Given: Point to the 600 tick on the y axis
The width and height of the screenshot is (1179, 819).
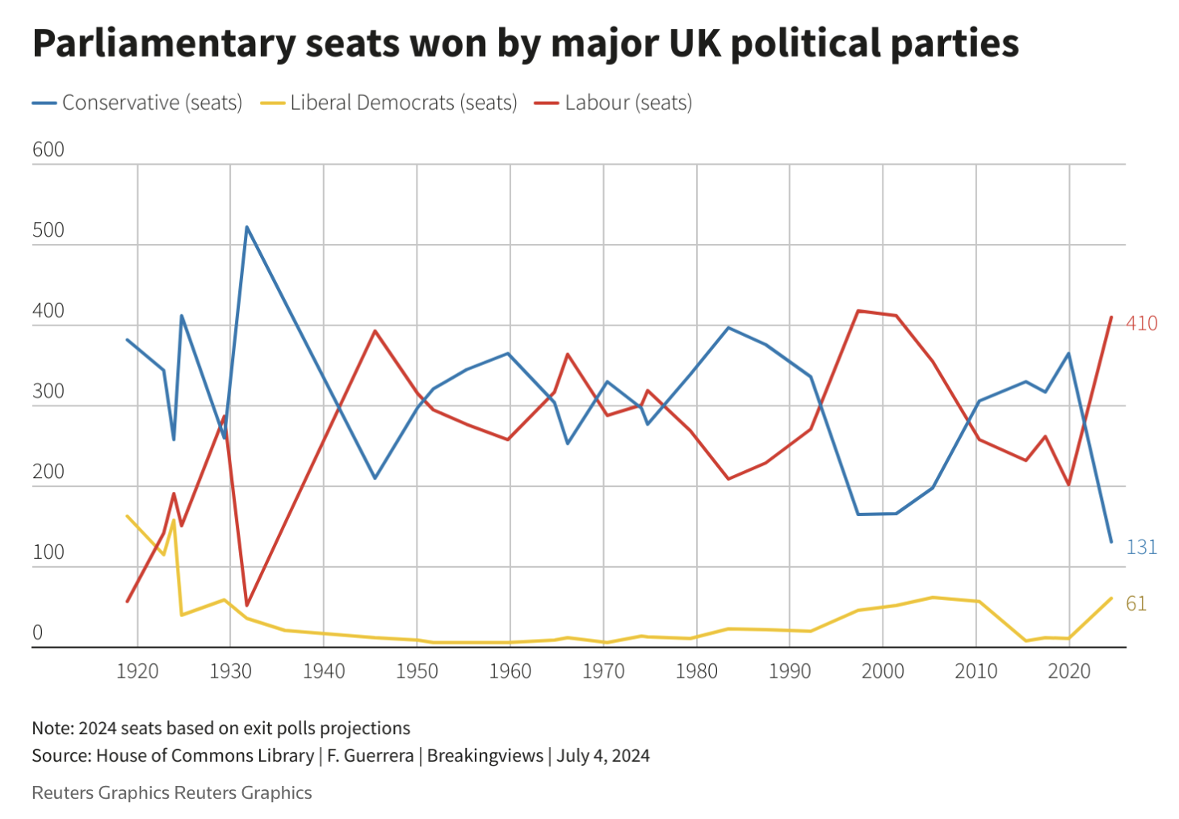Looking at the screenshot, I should click(48, 150).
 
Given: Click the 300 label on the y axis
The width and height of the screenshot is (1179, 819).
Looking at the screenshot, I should click(48, 392).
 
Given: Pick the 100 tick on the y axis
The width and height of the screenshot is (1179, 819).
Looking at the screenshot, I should click(48, 552).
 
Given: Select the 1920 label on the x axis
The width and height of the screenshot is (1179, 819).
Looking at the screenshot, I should click(137, 671).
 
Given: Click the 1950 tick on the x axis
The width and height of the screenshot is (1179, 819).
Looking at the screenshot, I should click(417, 671).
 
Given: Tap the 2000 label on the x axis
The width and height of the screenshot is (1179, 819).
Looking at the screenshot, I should click(883, 671).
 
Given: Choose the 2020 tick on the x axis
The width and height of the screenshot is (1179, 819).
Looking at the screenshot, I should click(1069, 671).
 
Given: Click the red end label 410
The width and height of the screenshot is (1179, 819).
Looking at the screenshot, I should click(1142, 324).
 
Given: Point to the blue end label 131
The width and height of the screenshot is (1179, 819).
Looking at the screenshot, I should click(1142, 548).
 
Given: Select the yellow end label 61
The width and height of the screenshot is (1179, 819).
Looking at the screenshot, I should click(1136, 604).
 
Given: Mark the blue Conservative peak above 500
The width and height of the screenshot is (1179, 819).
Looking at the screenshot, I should click(246, 227).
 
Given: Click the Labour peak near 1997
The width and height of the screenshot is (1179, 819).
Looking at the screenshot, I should click(858, 310).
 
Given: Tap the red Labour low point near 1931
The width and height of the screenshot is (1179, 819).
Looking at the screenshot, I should click(246, 605).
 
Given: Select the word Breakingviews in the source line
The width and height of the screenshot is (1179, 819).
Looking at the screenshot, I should click(485, 756).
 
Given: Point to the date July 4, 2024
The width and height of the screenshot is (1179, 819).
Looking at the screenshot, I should click(603, 756).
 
